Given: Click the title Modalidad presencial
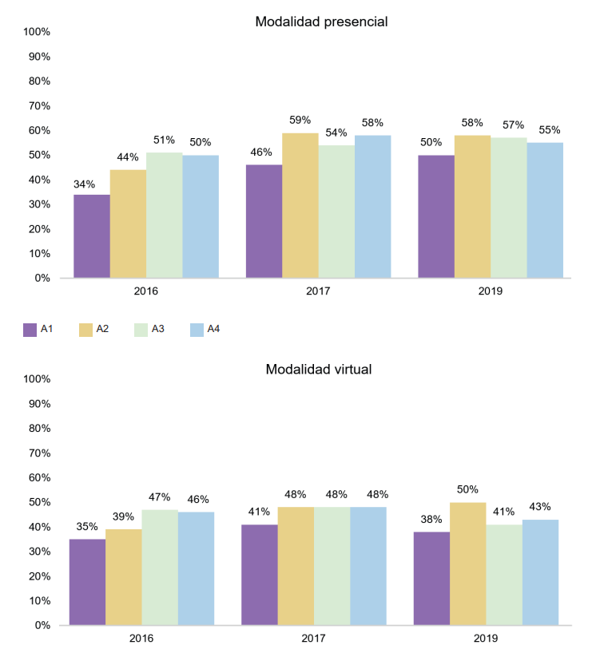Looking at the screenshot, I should pos(321,22).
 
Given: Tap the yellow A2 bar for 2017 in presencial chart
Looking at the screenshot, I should pos(300,205).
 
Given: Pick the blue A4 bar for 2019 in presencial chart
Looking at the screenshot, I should pos(545,210).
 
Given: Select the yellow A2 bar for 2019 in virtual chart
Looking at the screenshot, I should pos(467,564).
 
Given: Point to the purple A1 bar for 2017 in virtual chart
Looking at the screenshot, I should pos(259,575).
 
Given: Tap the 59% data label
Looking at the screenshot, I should pos(300,120).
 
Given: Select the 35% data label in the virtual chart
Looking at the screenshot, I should pos(87,526).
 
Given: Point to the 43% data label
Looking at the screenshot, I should pos(540,506).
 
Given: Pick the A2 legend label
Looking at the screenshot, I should pos(102,328).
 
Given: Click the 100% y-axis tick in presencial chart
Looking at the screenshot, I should pos(38,32).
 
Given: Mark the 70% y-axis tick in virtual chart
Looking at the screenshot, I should pos(38,453).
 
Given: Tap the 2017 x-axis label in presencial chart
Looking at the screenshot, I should pos(318,291).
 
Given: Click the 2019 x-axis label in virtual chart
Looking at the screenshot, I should pos(486,639).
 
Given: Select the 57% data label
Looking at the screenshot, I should pos(513,125).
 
